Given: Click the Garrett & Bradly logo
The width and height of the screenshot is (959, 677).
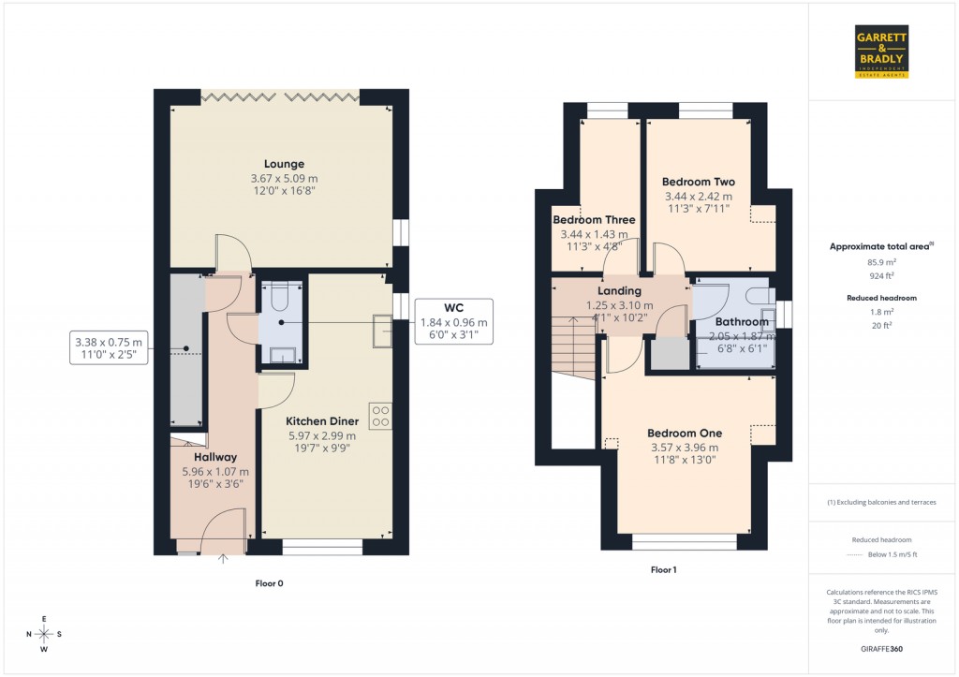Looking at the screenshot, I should (882, 52).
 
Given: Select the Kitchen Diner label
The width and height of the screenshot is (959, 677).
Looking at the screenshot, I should (322, 421).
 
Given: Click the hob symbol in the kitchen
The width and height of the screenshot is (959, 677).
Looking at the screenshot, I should (381, 416).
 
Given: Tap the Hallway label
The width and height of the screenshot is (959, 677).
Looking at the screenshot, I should (216, 457).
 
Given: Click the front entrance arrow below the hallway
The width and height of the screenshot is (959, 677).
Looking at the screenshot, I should (223, 561).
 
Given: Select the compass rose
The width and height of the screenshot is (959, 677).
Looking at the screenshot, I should (45, 635).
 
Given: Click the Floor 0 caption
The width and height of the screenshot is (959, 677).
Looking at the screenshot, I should (269, 583).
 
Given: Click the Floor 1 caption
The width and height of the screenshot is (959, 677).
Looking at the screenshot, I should (664, 569).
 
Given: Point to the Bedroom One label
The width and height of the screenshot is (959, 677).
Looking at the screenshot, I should (686, 434).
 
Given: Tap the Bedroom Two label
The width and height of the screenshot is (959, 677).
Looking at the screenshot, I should (698, 182).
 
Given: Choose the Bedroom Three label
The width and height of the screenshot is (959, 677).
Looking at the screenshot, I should (594, 220).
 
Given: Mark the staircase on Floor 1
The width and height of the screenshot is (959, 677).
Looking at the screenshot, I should (574, 346).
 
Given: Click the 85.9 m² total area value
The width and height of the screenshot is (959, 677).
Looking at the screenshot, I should (883, 262).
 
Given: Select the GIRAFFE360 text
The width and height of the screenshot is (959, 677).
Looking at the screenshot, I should (883, 649).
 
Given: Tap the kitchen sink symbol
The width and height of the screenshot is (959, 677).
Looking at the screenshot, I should (382, 331).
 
